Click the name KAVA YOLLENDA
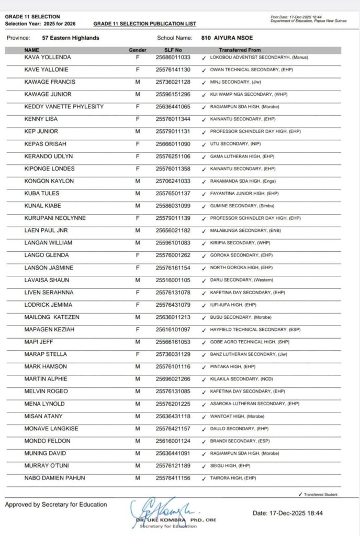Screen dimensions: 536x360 [x=48, y=57]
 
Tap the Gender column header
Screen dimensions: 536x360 [x=138, y=50]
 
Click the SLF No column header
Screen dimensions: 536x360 [x=173, y=50]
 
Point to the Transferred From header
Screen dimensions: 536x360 [x=240, y=50]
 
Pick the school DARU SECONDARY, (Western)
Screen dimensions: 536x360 [x=241, y=280]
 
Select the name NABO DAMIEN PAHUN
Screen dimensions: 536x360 [x=55, y=478]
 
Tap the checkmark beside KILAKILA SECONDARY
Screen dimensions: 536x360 [x=204, y=379]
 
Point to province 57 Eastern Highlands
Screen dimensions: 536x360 [x=71, y=38]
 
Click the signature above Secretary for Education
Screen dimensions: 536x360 [x=160, y=507]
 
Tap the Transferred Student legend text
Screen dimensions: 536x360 [x=320, y=495]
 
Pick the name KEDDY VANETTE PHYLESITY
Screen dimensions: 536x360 [x=64, y=107]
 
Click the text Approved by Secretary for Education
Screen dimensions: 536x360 [x=56, y=505]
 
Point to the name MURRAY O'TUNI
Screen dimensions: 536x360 [x=47, y=466]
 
